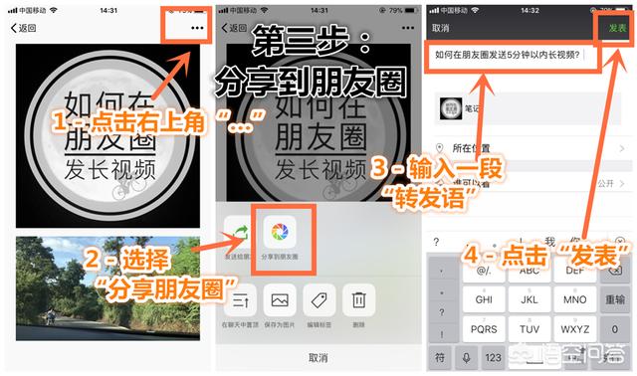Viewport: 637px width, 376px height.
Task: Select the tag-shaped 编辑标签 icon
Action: coord(320,299)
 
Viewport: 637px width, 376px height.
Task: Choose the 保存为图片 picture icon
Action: coord(280,299)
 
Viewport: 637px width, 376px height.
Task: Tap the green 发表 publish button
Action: coord(617,28)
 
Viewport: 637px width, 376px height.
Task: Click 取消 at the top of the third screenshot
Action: coord(442,28)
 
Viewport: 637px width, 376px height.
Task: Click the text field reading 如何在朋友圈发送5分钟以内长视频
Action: coord(508,56)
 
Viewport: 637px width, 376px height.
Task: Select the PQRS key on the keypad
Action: coord(485,327)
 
